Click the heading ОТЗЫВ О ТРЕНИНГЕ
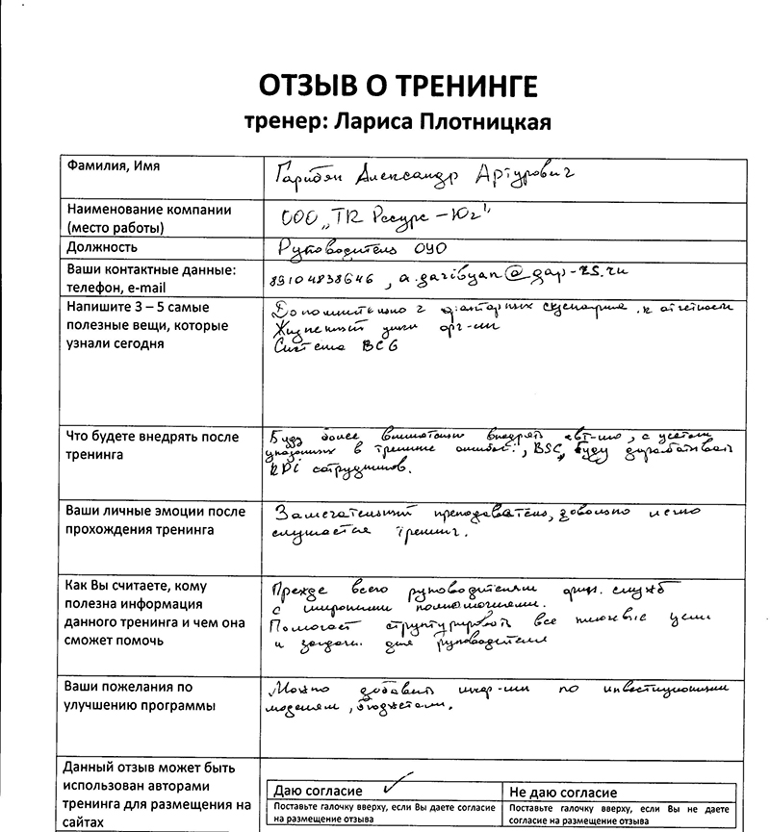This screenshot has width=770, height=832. tap(396, 87)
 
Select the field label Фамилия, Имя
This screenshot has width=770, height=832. tap(114, 167)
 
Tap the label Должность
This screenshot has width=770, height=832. tap(102, 247)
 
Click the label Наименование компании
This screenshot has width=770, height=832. tap(148, 211)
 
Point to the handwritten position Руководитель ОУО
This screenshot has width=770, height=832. tap(364, 246)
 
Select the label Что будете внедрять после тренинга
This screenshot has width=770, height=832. tap(152, 445)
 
